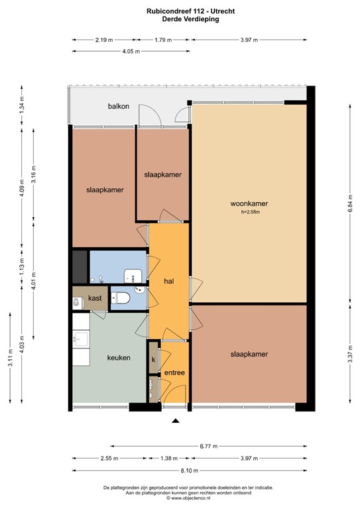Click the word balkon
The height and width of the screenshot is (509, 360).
119,107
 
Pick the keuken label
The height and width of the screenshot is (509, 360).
119,357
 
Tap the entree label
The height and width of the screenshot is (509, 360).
174,372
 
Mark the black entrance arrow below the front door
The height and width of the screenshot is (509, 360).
175,421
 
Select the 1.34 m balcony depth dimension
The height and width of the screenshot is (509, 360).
22,106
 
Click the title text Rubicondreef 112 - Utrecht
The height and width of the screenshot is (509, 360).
181,11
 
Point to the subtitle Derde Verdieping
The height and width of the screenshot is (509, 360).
181,19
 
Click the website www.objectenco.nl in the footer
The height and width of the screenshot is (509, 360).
181,497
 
